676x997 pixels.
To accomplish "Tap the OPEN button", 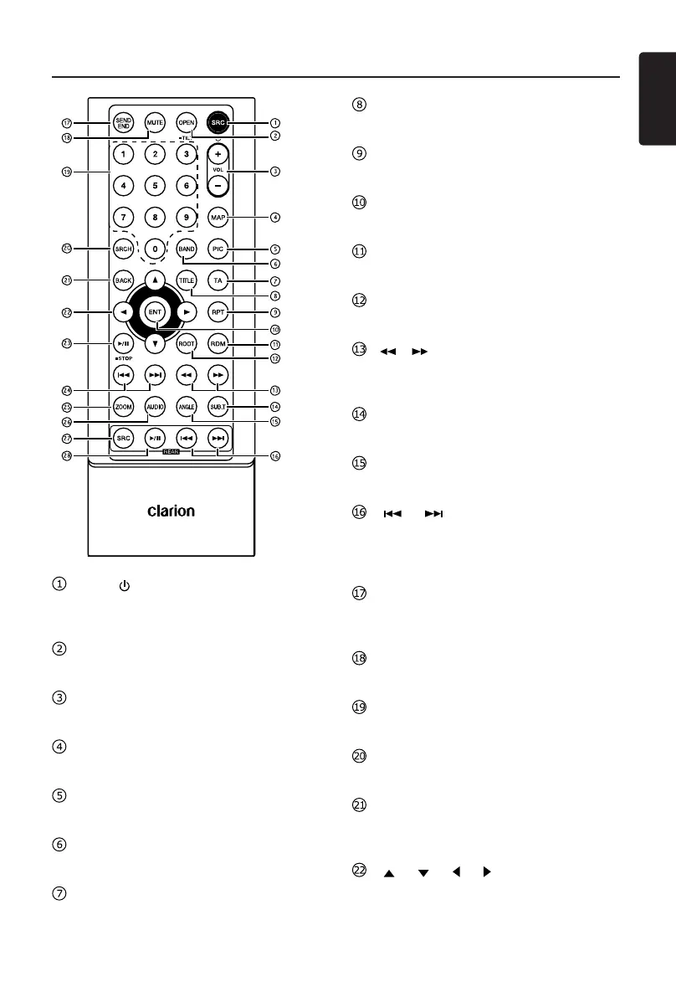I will pos(186,122).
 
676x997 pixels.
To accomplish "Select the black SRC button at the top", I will pos(218,122).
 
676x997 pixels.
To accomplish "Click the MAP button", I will pos(218,217).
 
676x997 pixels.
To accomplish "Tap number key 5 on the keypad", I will pos(154,185).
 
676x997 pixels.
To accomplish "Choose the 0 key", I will pos(154,249).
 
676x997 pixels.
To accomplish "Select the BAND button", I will pos(186,249).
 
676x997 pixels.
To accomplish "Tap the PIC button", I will pos(218,249).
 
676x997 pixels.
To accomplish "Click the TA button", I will pos(218,280).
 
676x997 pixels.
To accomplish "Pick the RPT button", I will pos(218,312).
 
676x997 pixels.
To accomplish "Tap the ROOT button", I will pos(186,344).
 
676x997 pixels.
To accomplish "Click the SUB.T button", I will pos(218,407).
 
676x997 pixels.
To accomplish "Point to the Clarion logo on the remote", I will pos(172,510).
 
